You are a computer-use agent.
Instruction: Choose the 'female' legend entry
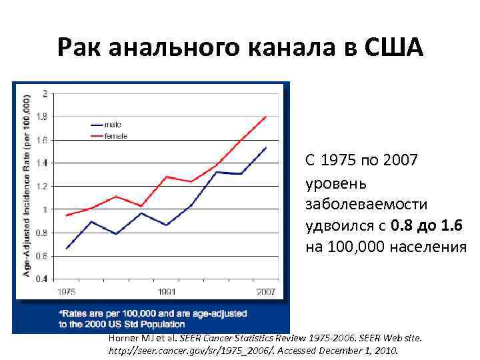pyautogui.click(x=115, y=136)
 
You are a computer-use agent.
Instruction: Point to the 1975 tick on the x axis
pyautogui.click(x=66, y=291)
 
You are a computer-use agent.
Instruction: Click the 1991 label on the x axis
pyautogui.click(x=167, y=291)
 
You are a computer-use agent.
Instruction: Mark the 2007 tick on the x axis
pyautogui.click(x=266, y=291)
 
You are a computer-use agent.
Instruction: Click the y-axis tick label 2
pyautogui.click(x=45, y=93)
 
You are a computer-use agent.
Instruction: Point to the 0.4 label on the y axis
pyautogui.click(x=42, y=279)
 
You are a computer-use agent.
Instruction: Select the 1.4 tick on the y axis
pyautogui.click(x=42, y=163)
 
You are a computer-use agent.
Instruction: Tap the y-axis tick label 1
pyautogui.click(x=45, y=209)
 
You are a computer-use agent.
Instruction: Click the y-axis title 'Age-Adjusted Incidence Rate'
pyautogui.click(x=27, y=187)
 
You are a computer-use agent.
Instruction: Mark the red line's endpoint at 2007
pyautogui.click(x=267, y=116)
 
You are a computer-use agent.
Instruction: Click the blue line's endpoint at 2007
pyautogui.click(x=267, y=147)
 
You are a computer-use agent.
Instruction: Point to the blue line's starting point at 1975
pyautogui.click(x=67, y=248)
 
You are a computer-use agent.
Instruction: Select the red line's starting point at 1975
pyautogui.click(x=67, y=215)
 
